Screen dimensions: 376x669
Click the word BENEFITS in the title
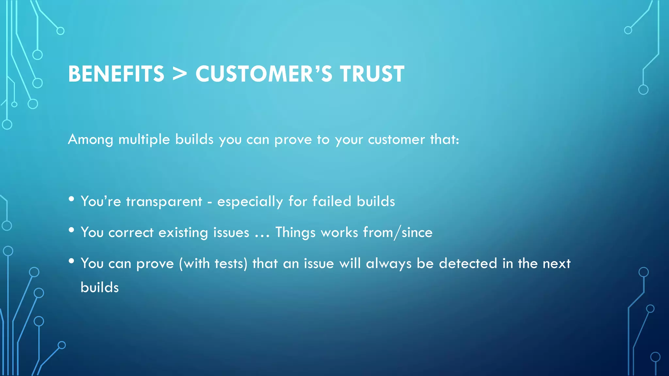[x=116, y=74]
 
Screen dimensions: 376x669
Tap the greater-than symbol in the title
[x=179, y=74]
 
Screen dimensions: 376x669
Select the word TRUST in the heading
[x=372, y=74]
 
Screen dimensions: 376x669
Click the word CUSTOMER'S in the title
[x=264, y=74]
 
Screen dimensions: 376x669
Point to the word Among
[x=90, y=140]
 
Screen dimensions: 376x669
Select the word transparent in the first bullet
[x=164, y=202]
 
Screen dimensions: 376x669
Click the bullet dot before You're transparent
[x=72, y=199]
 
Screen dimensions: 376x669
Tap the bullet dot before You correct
[x=72, y=230]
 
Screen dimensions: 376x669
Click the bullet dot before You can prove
[x=72, y=261]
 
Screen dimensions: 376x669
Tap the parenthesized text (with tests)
[x=213, y=264]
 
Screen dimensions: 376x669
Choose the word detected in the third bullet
[x=468, y=264]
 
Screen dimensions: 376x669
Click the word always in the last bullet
[x=388, y=264]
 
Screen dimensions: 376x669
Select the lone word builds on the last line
[x=100, y=288]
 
